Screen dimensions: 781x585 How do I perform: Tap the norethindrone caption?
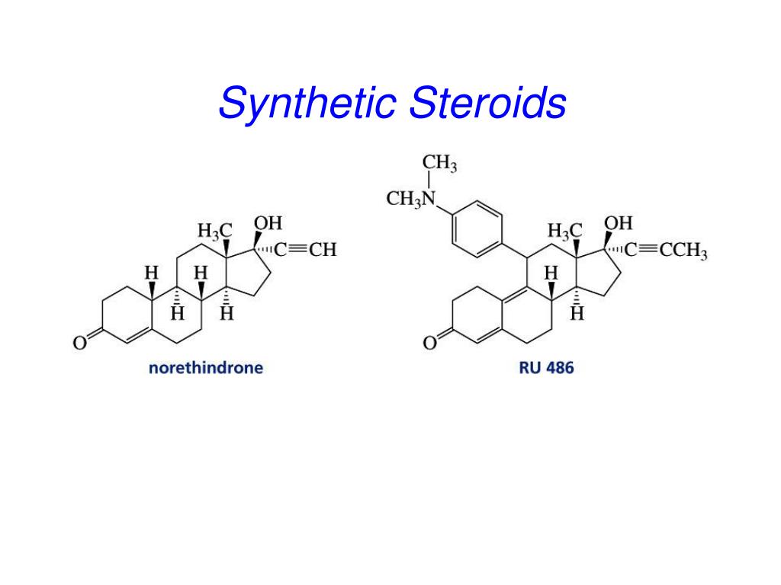tap(205, 368)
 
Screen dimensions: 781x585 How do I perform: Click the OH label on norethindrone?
tap(268, 223)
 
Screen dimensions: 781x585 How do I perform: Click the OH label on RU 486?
tap(619, 223)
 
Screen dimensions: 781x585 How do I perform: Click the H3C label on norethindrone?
tap(214, 230)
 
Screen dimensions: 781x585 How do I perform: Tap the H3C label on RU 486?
tap(564, 230)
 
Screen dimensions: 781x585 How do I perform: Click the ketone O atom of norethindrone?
tap(79, 344)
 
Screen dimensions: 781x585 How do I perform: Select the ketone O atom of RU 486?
tap(429, 344)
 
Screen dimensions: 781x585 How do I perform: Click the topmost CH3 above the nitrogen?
tap(439, 165)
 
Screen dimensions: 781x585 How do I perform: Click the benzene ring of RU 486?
tap(477, 223)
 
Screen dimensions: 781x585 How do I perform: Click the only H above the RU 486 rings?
tap(551, 272)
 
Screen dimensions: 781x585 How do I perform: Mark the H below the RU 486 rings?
tap(577, 314)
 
